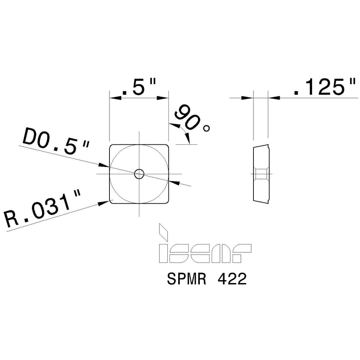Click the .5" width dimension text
coord(139,87)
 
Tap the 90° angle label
coord(191,119)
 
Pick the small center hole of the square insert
coord(139,174)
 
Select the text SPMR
coord(185,279)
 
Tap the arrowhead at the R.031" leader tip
coord(105,202)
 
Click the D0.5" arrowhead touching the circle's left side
coord(105,166)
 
